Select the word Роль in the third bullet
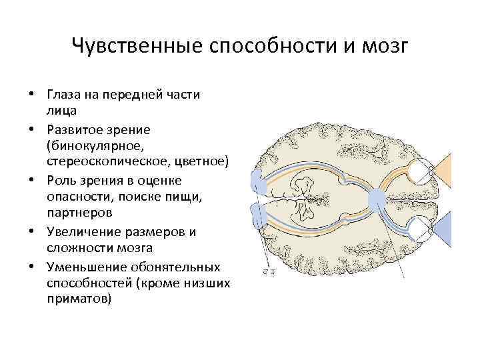pyautogui.click(x=61, y=181)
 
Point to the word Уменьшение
pyautogui.click(x=83, y=267)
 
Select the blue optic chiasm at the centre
pyautogui.click(x=377, y=197)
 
